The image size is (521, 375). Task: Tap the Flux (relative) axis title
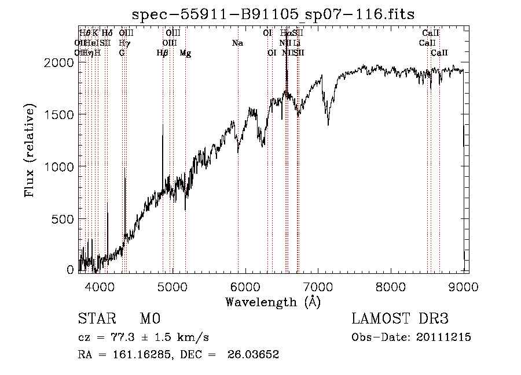(30, 150)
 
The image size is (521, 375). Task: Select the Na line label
(237, 43)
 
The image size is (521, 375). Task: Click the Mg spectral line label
(185, 53)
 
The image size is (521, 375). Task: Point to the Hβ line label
(163, 53)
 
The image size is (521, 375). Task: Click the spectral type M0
(150, 319)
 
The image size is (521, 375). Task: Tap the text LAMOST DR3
(400, 319)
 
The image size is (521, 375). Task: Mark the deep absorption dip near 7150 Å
(328, 123)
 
